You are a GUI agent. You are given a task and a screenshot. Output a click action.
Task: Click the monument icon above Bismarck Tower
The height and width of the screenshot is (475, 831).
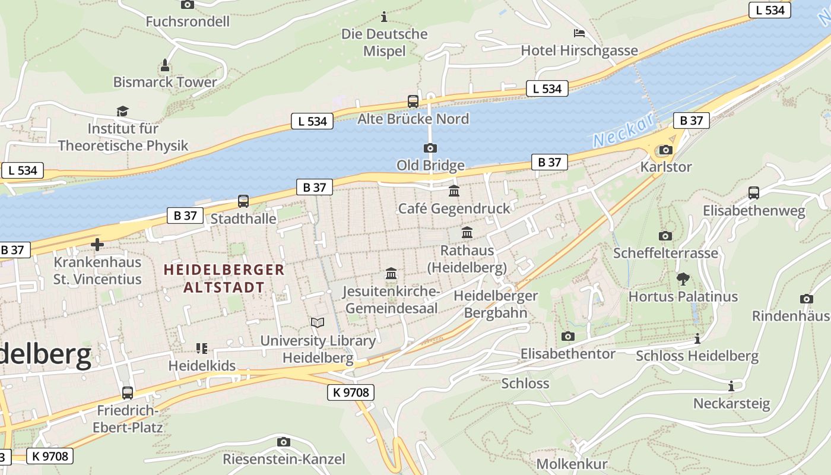[165, 65]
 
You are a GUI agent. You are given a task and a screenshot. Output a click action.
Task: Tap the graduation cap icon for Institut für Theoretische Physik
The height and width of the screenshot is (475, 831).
[123, 111]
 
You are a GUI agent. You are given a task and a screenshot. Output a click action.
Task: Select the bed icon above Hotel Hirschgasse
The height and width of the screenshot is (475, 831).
[579, 33]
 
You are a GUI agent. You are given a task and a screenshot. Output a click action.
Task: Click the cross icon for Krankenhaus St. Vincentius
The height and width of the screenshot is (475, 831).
[97, 244]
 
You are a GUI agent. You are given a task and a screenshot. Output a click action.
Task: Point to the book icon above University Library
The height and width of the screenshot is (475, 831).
[318, 322]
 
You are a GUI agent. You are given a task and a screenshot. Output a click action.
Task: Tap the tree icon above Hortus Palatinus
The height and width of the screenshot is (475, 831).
[683, 278]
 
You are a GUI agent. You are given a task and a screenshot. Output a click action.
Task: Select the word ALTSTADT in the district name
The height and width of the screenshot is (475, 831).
[224, 287]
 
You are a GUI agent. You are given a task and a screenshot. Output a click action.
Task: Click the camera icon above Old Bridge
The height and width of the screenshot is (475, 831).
[430, 148]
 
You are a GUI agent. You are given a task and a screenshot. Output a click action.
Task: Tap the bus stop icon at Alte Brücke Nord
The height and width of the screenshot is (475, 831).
[413, 102]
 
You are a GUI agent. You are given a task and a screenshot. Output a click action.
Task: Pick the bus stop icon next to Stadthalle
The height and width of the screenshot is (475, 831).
[243, 201]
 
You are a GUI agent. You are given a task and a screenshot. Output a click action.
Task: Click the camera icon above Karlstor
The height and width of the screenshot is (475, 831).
[665, 150]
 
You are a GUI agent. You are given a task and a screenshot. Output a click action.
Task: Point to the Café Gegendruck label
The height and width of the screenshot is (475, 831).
[454, 208]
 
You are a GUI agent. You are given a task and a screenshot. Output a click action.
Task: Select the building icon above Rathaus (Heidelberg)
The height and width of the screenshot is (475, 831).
[467, 233]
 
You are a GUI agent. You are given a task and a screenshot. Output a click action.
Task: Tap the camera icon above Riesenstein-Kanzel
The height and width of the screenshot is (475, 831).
[284, 442]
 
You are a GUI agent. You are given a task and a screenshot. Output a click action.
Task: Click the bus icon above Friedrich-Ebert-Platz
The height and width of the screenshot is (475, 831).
[128, 392]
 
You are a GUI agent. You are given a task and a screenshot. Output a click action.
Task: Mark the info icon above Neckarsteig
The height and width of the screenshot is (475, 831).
[731, 386]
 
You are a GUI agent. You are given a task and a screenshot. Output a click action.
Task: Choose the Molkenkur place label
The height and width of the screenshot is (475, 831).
[572, 464]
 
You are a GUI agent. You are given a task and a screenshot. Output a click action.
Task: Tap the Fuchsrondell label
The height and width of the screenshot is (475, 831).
[188, 22]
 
